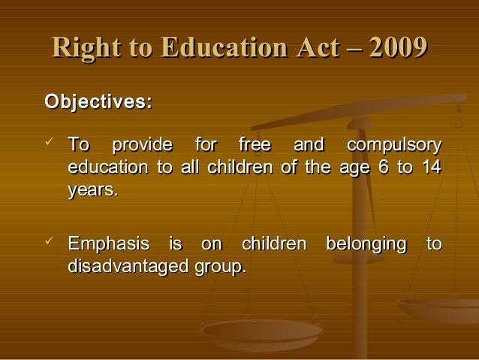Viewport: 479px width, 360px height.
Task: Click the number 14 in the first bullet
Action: coord(431,167)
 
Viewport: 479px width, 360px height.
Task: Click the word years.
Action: coord(92,191)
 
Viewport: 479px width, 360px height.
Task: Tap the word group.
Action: coord(220,268)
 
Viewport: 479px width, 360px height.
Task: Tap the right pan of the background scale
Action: coord(439,308)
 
